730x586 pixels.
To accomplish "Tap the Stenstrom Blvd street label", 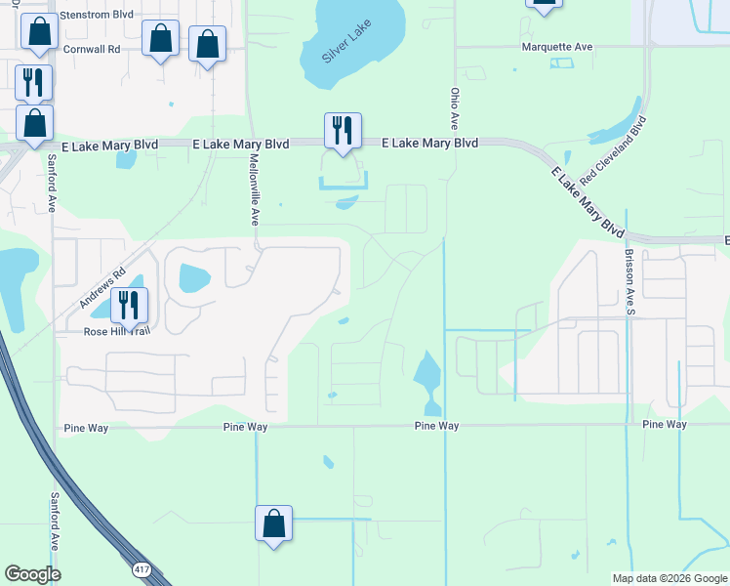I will tap(96, 16).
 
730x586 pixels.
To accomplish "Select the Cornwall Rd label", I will tap(91, 47).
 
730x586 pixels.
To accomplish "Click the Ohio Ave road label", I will tap(454, 108).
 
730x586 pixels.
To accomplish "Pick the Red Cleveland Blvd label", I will tap(613, 151).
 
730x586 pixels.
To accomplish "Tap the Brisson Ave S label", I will tap(629, 280).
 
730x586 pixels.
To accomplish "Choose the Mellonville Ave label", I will tap(254, 189).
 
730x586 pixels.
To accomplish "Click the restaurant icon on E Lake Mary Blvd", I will tap(343, 131).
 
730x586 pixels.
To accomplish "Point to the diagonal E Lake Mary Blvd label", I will tap(588, 201).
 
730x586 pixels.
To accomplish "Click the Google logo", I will tap(32, 574).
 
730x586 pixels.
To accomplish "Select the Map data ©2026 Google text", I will tap(669, 578).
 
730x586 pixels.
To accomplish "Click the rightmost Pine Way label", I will tap(666, 425).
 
